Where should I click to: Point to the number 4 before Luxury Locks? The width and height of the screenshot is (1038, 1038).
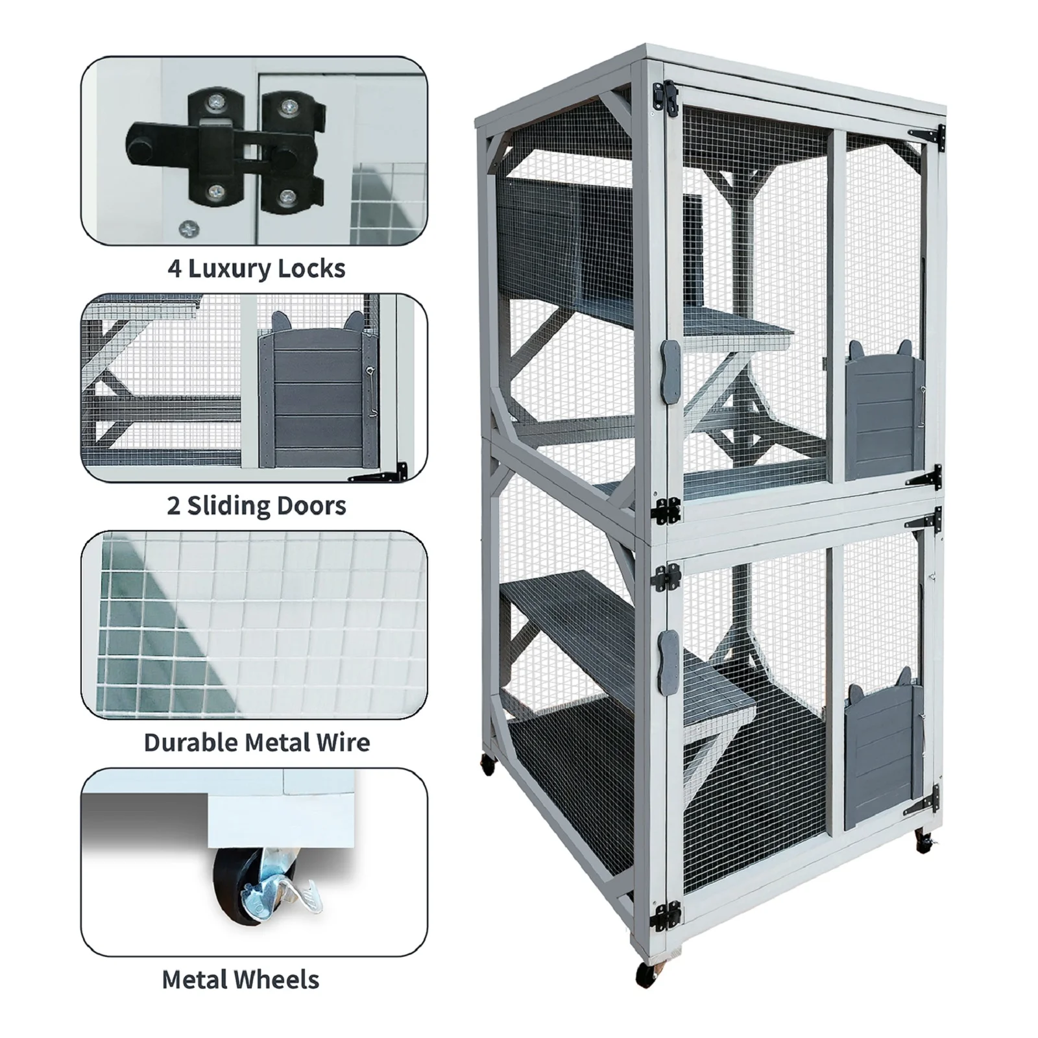(174, 269)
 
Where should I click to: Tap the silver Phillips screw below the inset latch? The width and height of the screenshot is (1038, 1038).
(188, 228)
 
